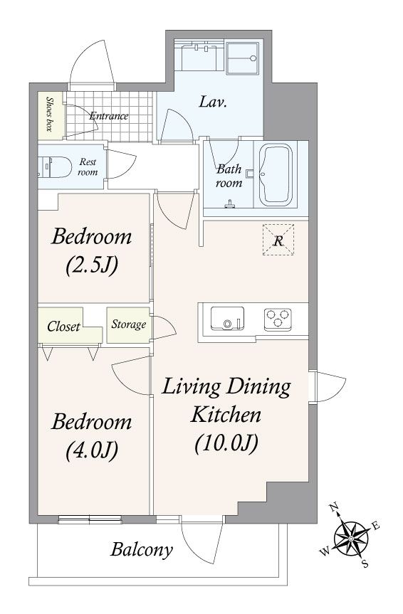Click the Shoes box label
50,114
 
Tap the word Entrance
109,116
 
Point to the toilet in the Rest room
55,166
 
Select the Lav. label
214,102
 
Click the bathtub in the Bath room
276,174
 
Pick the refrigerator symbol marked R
278,240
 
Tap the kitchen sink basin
227,318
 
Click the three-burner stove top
278,317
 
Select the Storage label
129,324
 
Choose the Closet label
63,326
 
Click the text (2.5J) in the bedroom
92,266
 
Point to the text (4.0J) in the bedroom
92,450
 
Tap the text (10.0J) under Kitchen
226,443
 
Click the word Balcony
142,550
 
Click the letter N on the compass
334,508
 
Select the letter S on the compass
365,564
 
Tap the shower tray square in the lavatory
242,58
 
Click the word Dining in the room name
258,387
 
